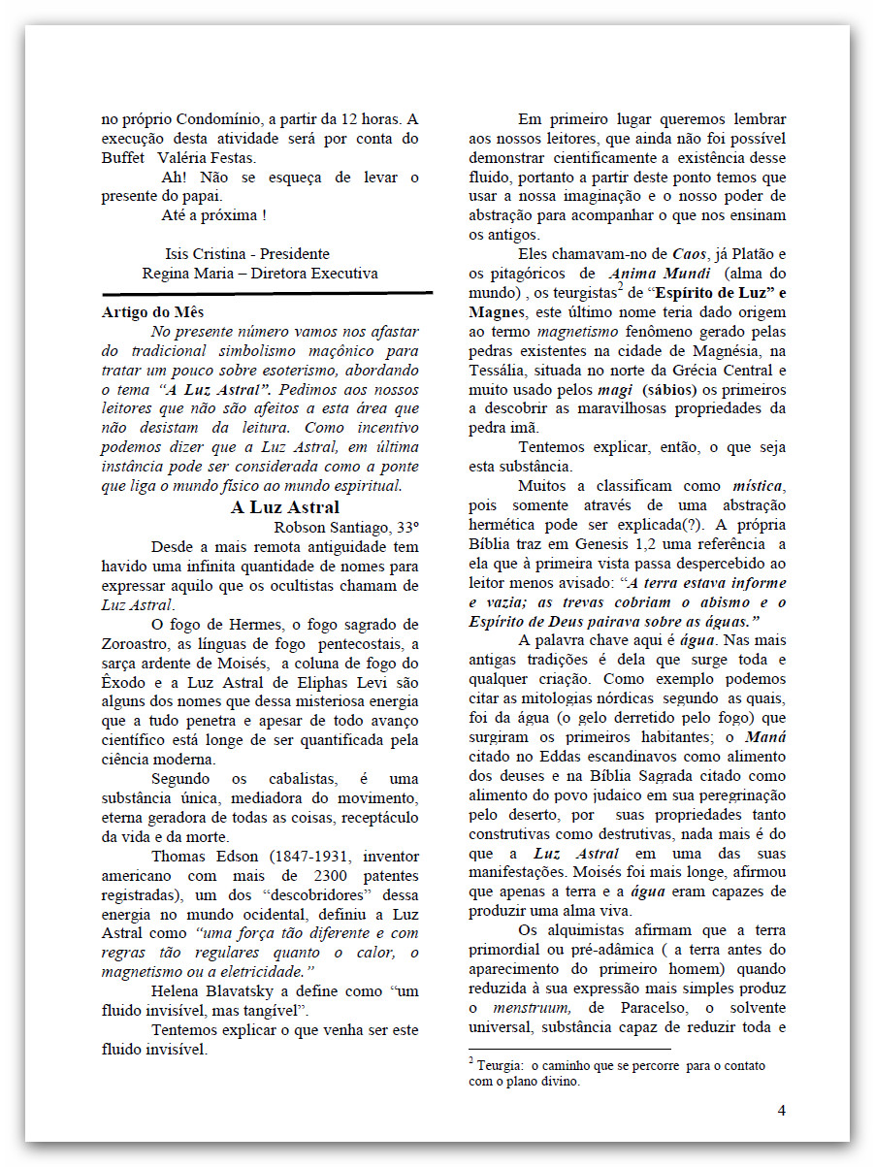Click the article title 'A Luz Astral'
pos(285,507)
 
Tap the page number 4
pos(781,1111)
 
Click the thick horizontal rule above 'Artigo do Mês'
pos(268,293)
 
